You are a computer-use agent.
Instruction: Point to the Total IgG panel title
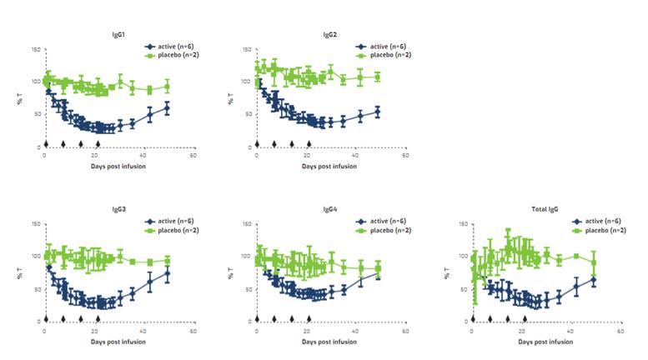[x=545, y=209]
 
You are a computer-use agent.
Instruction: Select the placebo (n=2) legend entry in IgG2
[x=384, y=55]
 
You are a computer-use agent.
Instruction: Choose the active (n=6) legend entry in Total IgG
[x=598, y=221]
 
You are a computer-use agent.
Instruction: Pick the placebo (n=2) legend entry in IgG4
[x=384, y=229]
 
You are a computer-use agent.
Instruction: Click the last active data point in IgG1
[x=167, y=108]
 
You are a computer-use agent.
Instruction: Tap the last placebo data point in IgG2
[x=378, y=77]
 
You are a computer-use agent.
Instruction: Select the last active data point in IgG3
[x=167, y=272]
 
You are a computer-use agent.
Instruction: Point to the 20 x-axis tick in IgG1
[x=93, y=156]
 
